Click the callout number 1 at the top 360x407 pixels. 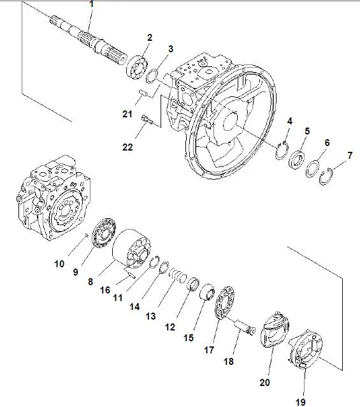point(90,5)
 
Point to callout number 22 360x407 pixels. point(128,147)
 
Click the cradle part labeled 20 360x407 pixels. point(274,329)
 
